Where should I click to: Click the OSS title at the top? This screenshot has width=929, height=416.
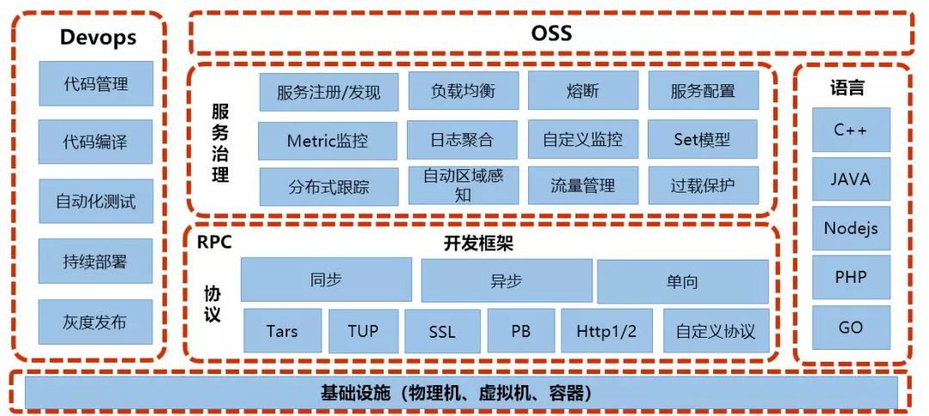pyautogui.click(x=551, y=34)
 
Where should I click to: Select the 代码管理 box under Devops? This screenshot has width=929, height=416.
pyautogui.click(x=96, y=84)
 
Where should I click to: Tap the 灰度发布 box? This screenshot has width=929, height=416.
pyautogui.click(x=95, y=322)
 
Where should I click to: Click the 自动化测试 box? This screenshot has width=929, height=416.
pyautogui.click(x=95, y=203)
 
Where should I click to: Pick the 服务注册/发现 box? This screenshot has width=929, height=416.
pyautogui.click(x=329, y=92)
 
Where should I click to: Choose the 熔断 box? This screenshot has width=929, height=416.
pyautogui.click(x=583, y=91)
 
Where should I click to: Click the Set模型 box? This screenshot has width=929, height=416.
pyautogui.click(x=703, y=139)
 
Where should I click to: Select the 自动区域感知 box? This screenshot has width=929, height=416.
pyautogui.click(x=463, y=186)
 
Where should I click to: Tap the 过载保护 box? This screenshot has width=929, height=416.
pyautogui.click(x=703, y=186)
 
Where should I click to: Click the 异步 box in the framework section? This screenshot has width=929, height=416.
pyautogui.click(x=506, y=280)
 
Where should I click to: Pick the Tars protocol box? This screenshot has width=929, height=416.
pyautogui.click(x=282, y=331)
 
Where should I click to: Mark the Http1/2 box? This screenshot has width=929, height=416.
pyautogui.click(x=606, y=331)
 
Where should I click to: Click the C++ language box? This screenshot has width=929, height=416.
pyautogui.click(x=851, y=131)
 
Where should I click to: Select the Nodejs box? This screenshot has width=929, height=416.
pyautogui.click(x=851, y=229)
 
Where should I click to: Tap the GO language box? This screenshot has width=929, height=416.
pyautogui.click(x=851, y=327)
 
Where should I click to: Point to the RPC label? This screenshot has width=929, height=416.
pyautogui.click(x=214, y=242)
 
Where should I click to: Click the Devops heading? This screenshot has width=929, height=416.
pyautogui.click(x=98, y=38)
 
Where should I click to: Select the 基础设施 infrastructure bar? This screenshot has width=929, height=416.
pyautogui.click(x=461, y=394)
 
